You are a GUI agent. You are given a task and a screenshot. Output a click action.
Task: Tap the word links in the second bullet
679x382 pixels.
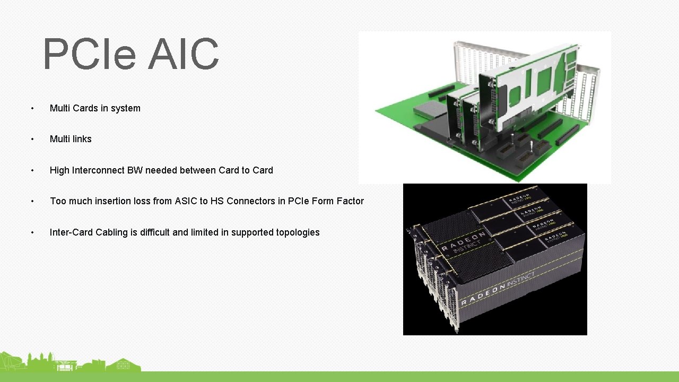[79, 139]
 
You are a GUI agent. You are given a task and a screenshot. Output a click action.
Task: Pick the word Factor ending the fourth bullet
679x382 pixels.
[350, 201]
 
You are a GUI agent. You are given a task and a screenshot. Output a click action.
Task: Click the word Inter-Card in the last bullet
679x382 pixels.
[71, 232]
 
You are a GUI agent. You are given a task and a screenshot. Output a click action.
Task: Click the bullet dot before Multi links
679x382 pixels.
[32, 140]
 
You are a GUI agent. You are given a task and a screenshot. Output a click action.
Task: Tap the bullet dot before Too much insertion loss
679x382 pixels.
[32, 202]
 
